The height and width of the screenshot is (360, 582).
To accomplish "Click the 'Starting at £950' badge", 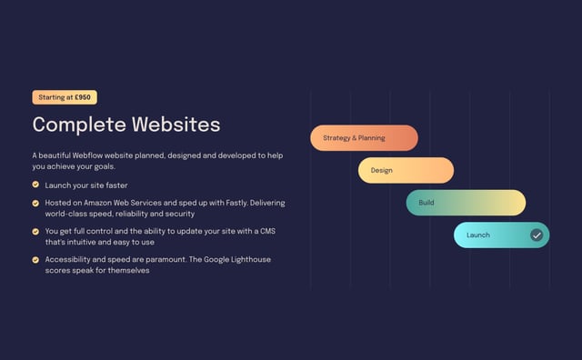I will (65, 97).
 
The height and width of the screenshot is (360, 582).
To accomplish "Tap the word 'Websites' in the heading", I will (176, 125).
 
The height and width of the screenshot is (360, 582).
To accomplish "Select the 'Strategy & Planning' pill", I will (364, 138).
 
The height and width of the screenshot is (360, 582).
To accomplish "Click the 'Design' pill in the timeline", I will (406, 170).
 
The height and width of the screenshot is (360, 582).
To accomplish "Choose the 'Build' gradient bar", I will (466, 203).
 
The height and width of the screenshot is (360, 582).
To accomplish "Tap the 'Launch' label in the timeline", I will (477, 235).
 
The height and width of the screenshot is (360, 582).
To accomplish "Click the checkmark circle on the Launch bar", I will (537, 235).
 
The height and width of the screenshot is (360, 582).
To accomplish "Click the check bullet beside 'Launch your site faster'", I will (35, 185).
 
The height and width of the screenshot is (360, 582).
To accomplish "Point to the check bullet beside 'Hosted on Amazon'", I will (35, 203).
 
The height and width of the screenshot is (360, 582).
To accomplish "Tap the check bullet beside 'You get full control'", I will (35, 232).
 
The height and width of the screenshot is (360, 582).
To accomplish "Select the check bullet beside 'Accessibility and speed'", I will (35, 260).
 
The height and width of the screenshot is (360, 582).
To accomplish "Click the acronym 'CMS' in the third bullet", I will (266, 231).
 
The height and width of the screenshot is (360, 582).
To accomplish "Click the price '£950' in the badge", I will (83, 97).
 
